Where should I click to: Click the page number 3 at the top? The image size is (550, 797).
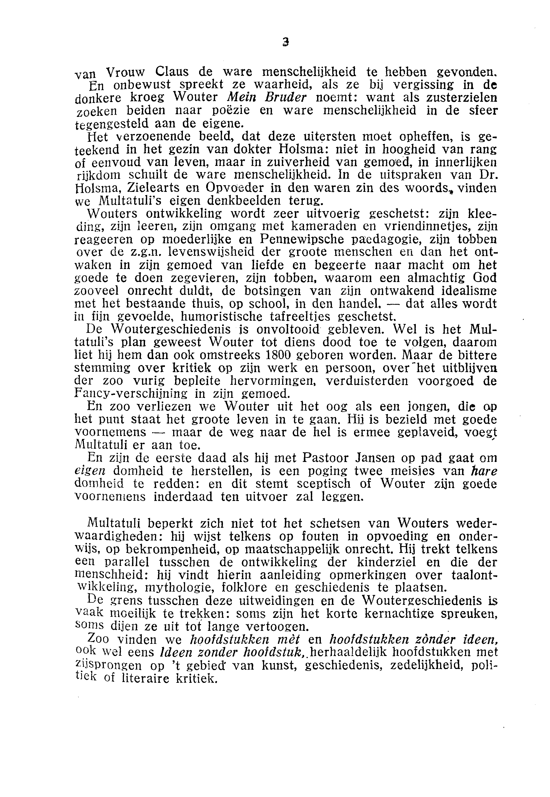(x=285, y=42)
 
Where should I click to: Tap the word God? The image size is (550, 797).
(x=485, y=278)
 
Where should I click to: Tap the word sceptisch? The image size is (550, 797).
(x=319, y=484)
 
